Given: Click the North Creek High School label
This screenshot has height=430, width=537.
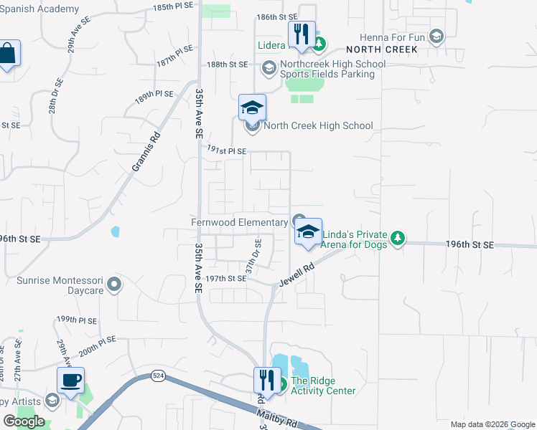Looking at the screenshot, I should pyautogui.click(x=318, y=126).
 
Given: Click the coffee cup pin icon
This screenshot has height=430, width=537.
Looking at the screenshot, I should pyautogui.click(x=71, y=381).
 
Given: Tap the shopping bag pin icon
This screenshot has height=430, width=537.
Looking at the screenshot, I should pyautogui.click(x=6, y=54).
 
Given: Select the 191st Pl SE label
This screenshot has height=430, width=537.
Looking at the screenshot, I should pyautogui.click(x=226, y=151).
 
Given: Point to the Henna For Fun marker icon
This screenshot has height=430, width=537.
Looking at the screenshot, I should pyautogui.click(x=436, y=36).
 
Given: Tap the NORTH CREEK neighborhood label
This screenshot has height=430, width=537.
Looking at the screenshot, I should pyautogui.click(x=381, y=49).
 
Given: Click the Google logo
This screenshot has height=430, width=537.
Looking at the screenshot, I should pyautogui.click(x=24, y=421).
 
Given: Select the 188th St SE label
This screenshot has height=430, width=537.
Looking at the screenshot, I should pyautogui.click(x=227, y=64).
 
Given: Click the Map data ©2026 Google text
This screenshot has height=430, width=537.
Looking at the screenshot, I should pyautogui.click(x=492, y=424).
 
